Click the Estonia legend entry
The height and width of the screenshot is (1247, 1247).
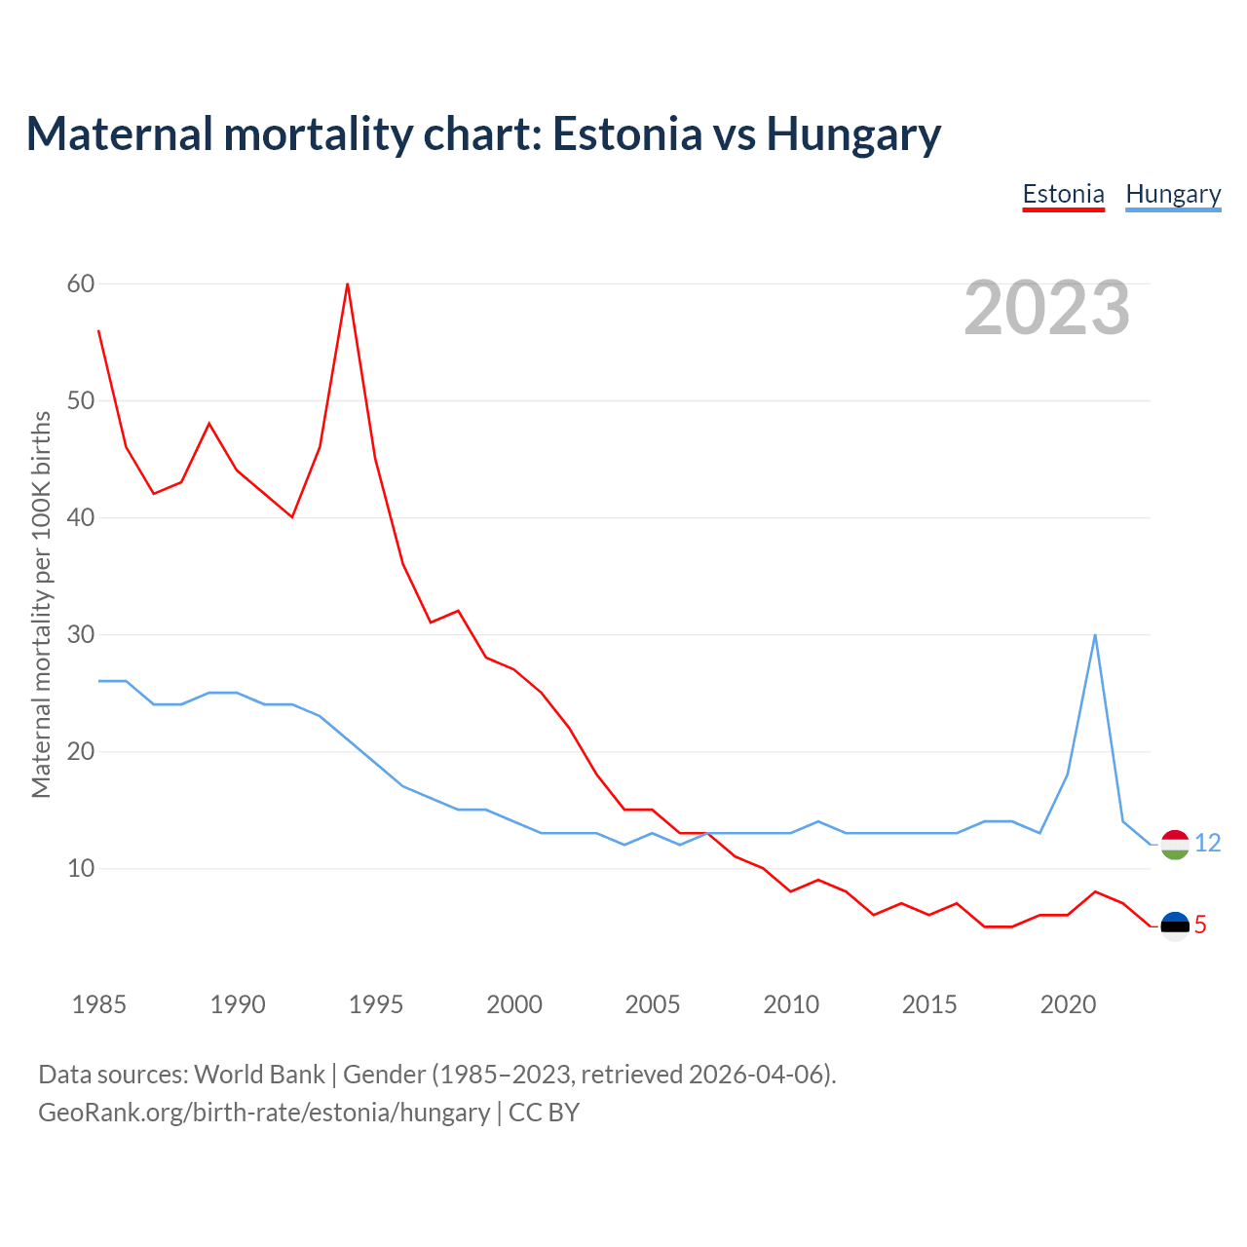point(1063,194)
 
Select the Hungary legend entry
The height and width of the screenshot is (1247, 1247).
point(1173,194)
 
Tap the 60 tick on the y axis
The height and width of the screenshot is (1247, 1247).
point(81,283)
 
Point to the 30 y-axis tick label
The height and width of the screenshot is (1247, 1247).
point(81,634)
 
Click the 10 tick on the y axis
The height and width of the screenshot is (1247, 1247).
point(81,868)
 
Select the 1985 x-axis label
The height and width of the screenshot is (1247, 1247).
point(99,1004)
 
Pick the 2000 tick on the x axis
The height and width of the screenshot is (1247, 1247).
point(514,1004)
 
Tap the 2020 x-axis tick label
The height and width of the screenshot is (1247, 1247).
point(1068,1004)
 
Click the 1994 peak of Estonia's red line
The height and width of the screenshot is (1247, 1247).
point(348,283)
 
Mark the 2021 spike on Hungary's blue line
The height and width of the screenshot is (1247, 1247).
point(1095,635)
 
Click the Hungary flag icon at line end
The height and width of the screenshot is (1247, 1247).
point(1175,845)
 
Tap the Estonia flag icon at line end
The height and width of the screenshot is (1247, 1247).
point(1175,926)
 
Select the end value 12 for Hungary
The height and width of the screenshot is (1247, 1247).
point(1208,844)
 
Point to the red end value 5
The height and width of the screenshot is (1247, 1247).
point(1200,926)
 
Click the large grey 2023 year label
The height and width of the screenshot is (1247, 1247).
point(1047,308)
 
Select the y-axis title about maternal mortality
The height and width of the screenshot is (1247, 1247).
point(41,604)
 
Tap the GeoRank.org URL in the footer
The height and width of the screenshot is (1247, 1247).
point(264,1113)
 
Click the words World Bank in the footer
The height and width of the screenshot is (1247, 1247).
point(259,1075)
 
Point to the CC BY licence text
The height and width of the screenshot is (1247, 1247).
point(545,1113)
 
